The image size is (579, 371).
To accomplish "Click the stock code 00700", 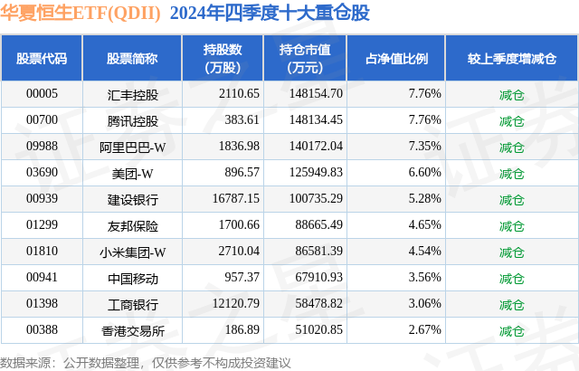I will click(42, 119).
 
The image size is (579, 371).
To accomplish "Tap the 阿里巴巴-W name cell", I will click(132, 146).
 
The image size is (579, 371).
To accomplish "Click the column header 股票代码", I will click(42, 58).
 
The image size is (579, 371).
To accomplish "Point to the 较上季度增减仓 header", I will click(510, 58).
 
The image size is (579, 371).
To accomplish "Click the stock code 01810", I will click(42, 251).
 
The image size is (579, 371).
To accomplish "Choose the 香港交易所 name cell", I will click(132, 329).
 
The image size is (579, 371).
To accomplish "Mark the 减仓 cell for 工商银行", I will click(511, 303).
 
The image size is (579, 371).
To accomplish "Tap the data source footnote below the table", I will click(146, 362).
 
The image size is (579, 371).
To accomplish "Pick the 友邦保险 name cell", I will click(132, 224).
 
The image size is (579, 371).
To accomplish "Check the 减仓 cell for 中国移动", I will click(511, 277).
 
